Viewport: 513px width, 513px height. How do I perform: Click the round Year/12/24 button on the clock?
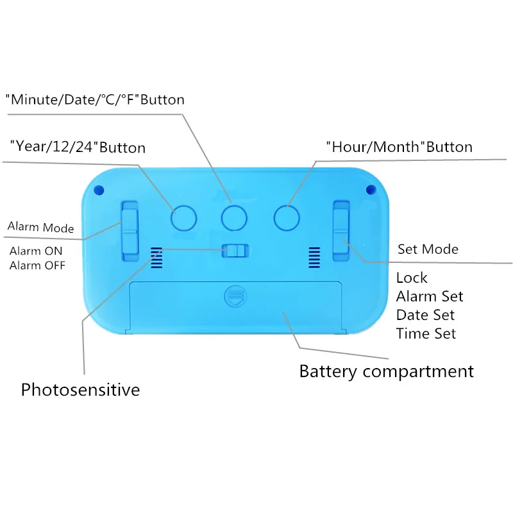(x=183, y=218)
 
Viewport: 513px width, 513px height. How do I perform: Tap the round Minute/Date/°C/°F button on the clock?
(x=234, y=218)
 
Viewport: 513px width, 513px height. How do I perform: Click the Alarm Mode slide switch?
(x=130, y=231)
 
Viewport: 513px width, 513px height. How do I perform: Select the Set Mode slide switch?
(x=341, y=231)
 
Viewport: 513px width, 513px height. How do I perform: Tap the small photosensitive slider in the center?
(x=235, y=251)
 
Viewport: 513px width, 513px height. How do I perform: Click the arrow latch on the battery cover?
(x=235, y=296)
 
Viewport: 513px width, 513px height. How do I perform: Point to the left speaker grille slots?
(x=156, y=258)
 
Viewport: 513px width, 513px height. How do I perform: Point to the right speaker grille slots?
(x=314, y=258)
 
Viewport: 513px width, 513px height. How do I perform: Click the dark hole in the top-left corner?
(x=99, y=190)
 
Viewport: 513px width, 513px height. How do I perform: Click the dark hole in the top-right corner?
(x=371, y=189)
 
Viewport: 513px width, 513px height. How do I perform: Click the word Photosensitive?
(x=81, y=390)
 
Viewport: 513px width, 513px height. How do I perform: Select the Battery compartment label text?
(x=387, y=372)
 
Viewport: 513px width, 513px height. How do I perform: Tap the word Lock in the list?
(x=412, y=278)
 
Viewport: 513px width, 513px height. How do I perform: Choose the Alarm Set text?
(x=430, y=296)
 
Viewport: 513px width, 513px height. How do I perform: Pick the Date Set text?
(x=425, y=315)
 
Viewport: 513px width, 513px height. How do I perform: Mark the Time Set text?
(x=426, y=333)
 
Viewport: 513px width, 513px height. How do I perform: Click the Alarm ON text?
(x=36, y=251)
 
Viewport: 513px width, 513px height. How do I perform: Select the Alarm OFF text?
(x=37, y=265)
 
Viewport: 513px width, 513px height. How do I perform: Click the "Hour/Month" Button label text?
(x=399, y=147)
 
